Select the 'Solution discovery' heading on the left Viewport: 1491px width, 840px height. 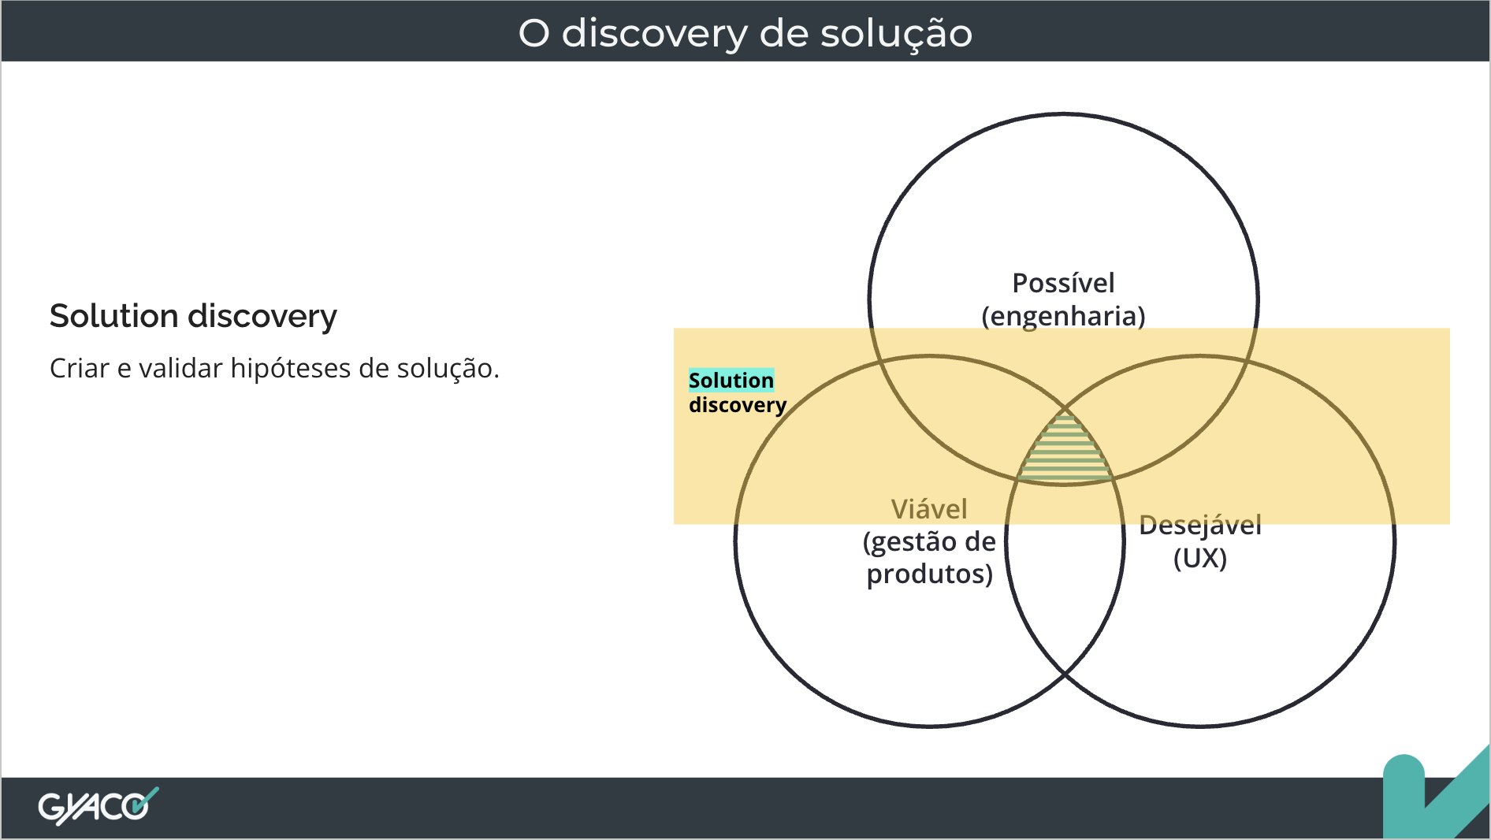coord(193,317)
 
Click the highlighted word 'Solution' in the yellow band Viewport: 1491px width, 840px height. coord(731,381)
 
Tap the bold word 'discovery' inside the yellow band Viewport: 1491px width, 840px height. coord(738,405)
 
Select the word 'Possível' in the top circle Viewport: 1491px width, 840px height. coord(1063,283)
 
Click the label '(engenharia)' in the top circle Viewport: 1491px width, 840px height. coord(1063,316)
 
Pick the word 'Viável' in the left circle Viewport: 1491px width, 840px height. coord(929,509)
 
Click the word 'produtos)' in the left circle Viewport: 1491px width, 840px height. coord(930,574)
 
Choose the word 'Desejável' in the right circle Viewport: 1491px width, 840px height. coord(1200,526)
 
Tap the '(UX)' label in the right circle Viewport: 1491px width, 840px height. coord(1200,559)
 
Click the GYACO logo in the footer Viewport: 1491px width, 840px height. coord(99,806)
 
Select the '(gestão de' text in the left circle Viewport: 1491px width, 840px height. coord(929,542)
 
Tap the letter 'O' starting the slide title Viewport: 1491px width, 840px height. coord(534,34)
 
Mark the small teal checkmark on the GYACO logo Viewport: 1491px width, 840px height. coord(145,800)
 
